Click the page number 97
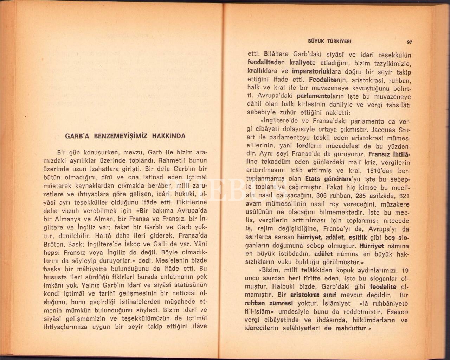tap(409, 42)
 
